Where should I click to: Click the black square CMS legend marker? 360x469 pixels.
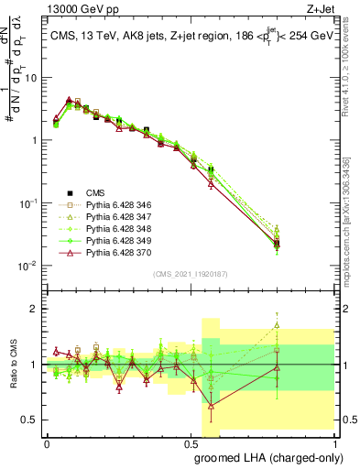click(70, 192)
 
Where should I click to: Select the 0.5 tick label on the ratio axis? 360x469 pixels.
click(32, 420)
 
